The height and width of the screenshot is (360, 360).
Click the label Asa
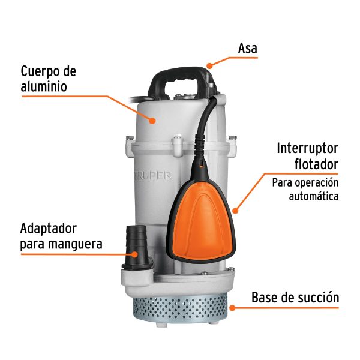[248, 48]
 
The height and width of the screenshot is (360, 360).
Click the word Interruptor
[308, 148]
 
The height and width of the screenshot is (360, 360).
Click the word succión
[320, 297]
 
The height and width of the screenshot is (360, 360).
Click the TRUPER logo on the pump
[152, 176]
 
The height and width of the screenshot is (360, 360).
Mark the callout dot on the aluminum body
[154, 120]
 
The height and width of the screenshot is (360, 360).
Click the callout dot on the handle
[209, 65]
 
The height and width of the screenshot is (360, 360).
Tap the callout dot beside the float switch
[236, 210]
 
